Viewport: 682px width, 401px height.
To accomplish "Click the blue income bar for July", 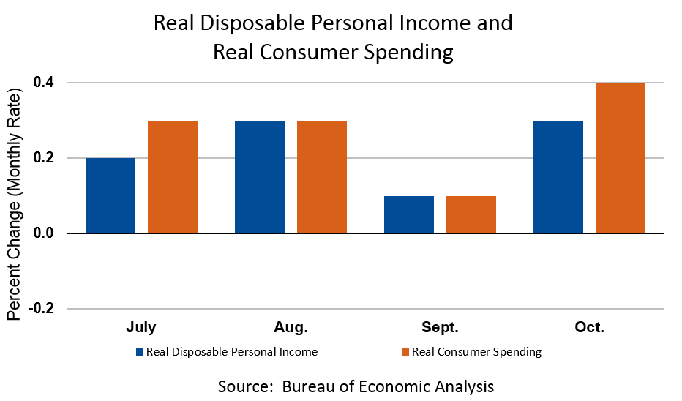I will pyautogui.click(x=110, y=195).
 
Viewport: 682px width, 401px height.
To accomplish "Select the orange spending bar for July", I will pyautogui.click(x=173, y=177).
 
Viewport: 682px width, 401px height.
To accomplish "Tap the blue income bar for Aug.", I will pyautogui.click(x=260, y=177).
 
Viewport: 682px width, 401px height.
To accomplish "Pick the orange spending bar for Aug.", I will pyautogui.click(x=322, y=177).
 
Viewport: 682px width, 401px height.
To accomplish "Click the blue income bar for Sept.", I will pyautogui.click(x=409, y=214).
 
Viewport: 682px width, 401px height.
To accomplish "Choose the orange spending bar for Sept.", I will pyautogui.click(x=471, y=214).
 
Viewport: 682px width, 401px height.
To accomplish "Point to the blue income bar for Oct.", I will pyautogui.click(x=558, y=177).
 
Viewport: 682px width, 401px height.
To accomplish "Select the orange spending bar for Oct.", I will pyautogui.click(x=621, y=158).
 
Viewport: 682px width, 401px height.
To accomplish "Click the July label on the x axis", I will pyautogui.click(x=141, y=327).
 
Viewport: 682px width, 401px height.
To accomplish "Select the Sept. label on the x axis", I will pyautogui.click(x=441, y=327).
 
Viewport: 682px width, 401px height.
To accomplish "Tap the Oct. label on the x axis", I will pyautogui.click(x=589, y=327).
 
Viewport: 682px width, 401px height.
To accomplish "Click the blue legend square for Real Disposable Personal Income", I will pyautogui.click(x=139, y=352).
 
